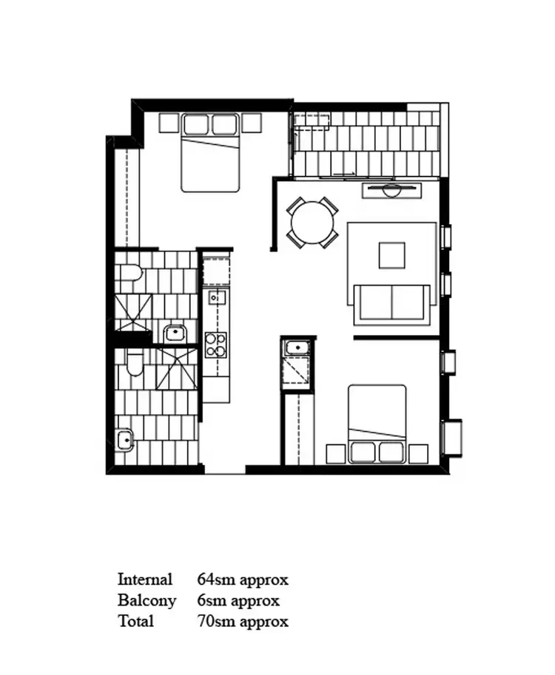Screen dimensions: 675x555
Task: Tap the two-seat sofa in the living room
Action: tap(391, 303)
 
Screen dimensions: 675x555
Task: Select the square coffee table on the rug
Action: tap(392, 255)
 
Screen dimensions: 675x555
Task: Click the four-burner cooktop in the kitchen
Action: tap(216, 345)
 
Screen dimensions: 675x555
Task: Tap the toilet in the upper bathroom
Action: tap(130, 274)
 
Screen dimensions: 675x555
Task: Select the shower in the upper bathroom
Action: tap(133, 312)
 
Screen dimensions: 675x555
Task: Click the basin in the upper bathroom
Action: tap(175, 333)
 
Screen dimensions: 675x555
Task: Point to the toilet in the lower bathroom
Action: tap(134, 364)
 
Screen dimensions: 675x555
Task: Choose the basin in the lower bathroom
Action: tap(124, 441)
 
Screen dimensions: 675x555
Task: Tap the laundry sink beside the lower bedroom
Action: tap(297, 347)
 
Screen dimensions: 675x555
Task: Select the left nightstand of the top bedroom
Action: tap(169, 123)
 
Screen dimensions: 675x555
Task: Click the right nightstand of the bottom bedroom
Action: tap(418, 452)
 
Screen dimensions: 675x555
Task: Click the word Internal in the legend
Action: tap(145, 579)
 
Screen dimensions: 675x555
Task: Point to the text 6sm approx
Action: tap(238, 600)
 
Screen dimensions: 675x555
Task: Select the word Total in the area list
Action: tap(135, 621)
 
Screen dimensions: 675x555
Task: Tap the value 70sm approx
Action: tap(242, 621)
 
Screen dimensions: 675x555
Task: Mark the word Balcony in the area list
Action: tap(147, 600)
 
